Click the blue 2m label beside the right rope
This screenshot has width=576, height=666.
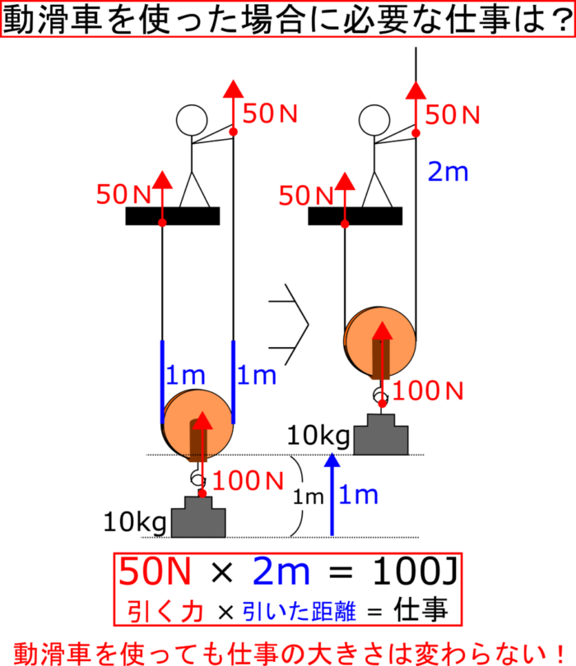pos(448,172)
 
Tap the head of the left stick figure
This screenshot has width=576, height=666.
pos(192,120)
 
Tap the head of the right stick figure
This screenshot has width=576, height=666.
pos(374,120)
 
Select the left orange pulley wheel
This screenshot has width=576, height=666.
pos(197,424)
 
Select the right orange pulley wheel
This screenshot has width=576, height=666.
pos(379,341)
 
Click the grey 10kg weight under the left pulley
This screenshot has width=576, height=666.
pos(198,517)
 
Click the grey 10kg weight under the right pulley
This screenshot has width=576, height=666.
pos(381,434)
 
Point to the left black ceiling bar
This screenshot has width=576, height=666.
pos(173,216)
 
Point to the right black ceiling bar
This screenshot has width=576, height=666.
pos(355,216)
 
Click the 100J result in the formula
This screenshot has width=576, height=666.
pos(415,571)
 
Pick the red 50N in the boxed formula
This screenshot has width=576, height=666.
pos(156,571)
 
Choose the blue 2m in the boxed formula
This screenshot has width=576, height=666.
pos(281,571)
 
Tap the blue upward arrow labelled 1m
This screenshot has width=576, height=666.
pos(332,495)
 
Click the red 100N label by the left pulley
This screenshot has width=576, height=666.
pos(248,481)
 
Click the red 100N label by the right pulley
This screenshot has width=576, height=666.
pos(428,391)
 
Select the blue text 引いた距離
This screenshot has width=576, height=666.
pos(300,612)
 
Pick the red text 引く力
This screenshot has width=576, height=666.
pos(165,612)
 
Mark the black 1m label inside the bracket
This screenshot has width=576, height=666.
pos(309,497)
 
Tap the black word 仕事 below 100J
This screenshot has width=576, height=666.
pos(420,610)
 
